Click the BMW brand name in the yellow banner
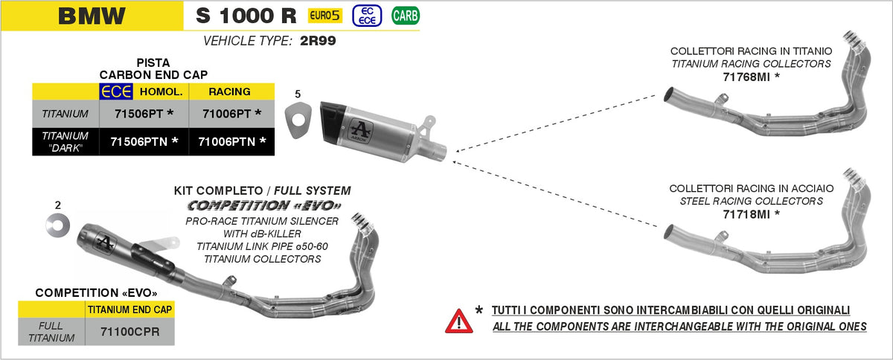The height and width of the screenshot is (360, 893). [x=92, y=16]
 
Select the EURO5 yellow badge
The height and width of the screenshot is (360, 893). [x=326, y=15]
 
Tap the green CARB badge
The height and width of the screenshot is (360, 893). [x=404, y=15]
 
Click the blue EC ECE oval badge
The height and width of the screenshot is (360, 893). [x=365, y=15]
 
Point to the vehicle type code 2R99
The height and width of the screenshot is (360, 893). [x=318, y=42]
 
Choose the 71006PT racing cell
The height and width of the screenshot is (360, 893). [x=231, y=114]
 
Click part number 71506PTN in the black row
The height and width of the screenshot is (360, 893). [x=144, y=141]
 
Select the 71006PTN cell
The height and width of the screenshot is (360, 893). [x=231, y=141]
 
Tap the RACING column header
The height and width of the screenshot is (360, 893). [x=229, y=92]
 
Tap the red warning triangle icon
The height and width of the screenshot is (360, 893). [x=458, y=321]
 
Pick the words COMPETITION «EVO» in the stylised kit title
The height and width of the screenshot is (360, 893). [x=264, y=205]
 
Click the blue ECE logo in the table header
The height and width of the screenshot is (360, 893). [x=117, y=92]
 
